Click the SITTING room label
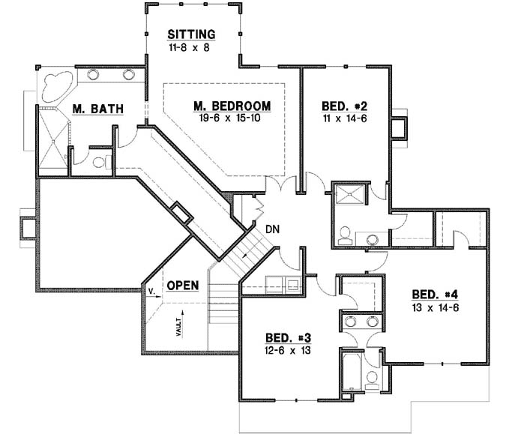(192, 34)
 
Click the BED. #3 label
(286, 337)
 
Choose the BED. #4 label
(433, 295)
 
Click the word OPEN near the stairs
(183, 286)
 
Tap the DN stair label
(272, 230)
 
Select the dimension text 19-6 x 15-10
(232, 118)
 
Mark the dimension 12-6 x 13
(286, 350)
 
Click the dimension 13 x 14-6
(433, 307)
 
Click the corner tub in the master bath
(54, 84)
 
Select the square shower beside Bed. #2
(349, 196)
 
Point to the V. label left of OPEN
(151, 287)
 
